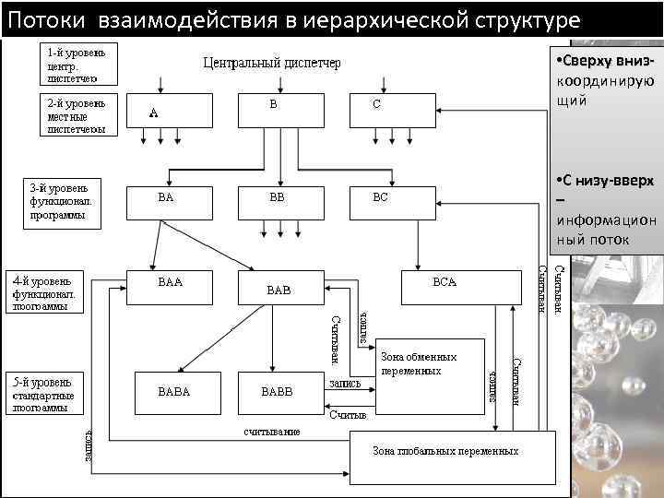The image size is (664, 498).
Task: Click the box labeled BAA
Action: coord(170,286)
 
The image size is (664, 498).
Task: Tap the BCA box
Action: coord(444,286)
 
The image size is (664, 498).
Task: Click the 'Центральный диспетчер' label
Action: coord(271,63)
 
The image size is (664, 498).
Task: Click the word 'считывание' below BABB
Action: coord(272,432)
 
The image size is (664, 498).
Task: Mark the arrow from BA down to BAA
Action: coord(158,244)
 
